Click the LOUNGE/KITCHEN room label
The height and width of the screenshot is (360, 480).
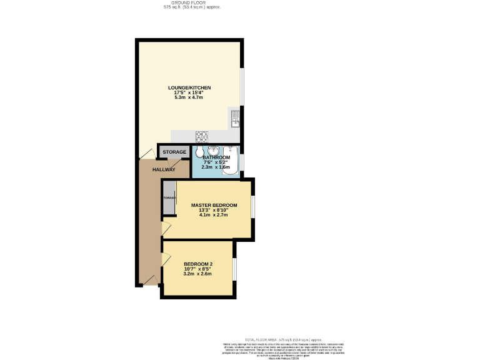189,87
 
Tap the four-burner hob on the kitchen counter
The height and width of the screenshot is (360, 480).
202,134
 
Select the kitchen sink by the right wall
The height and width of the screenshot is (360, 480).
235,117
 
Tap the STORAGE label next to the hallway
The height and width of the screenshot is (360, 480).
174,152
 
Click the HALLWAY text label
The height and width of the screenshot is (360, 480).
164,169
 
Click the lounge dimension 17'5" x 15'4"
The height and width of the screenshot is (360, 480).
189,92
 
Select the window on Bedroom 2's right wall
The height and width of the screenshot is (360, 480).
235,269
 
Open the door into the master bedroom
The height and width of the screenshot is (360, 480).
166,228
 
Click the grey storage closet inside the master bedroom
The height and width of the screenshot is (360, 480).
168,198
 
